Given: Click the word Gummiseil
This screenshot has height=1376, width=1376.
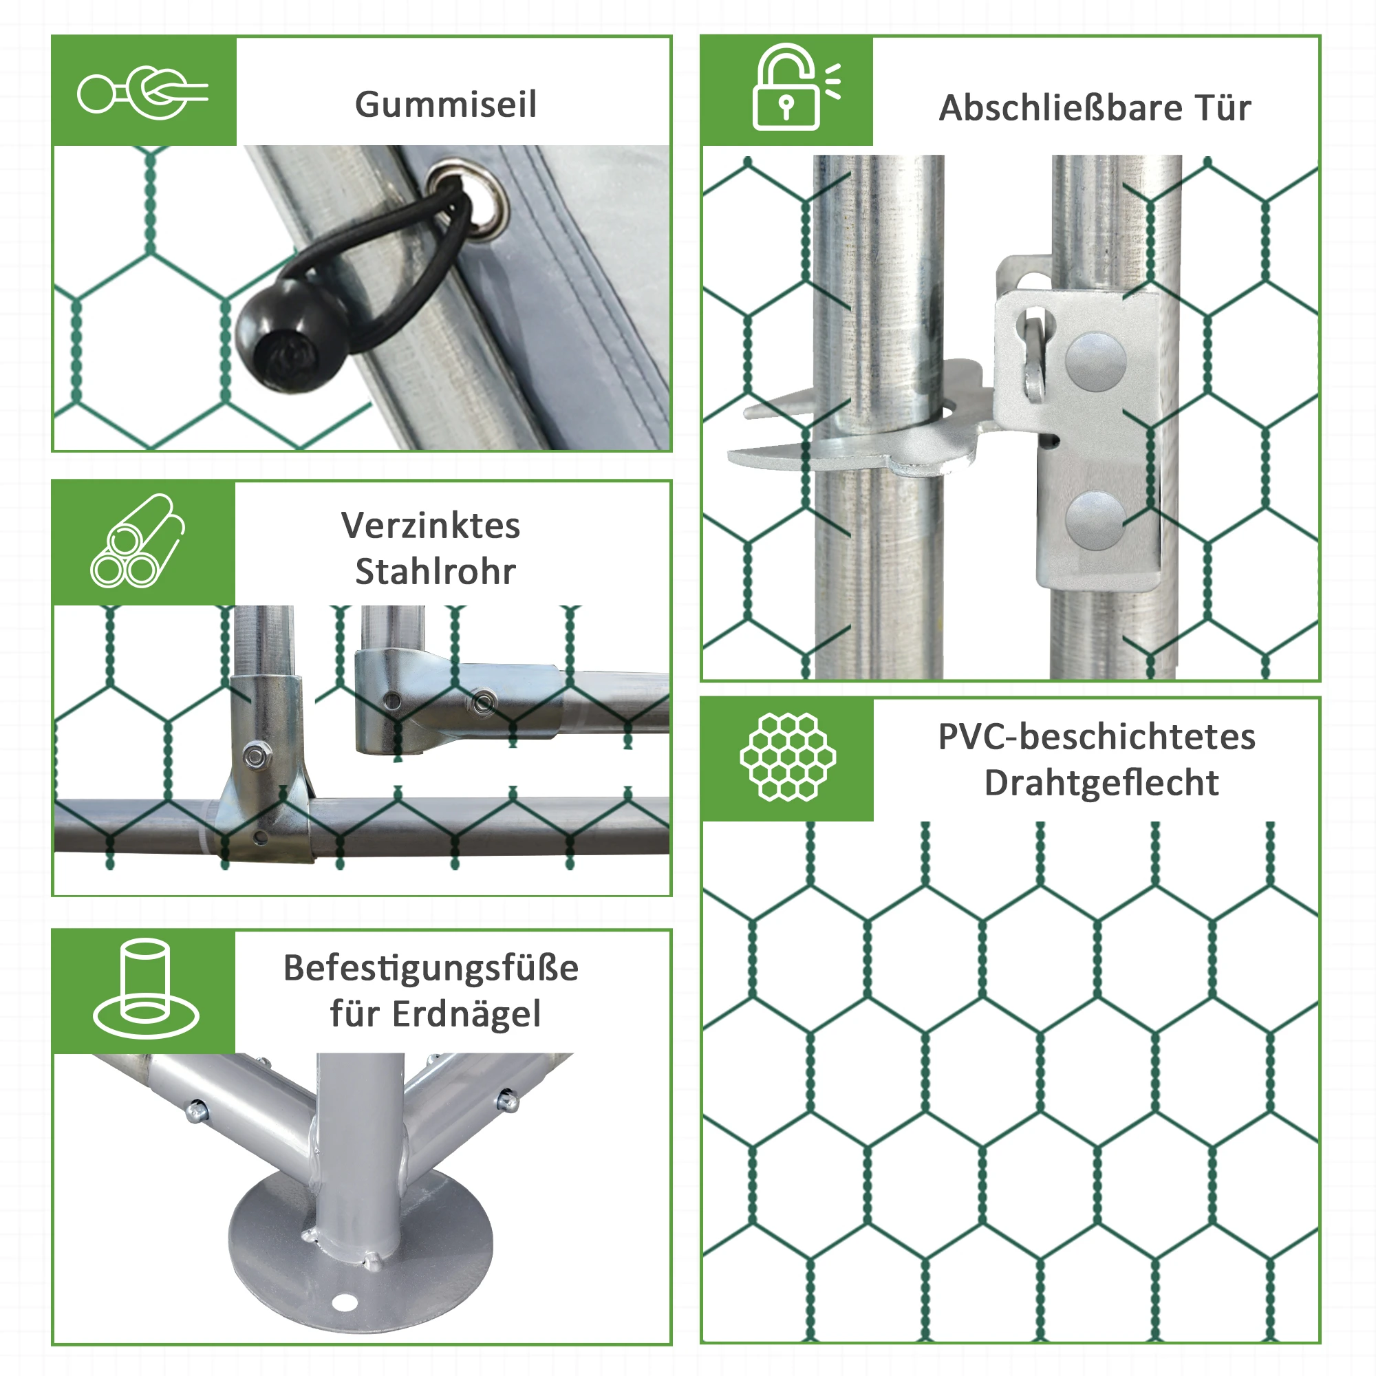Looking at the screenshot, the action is click(445, 105).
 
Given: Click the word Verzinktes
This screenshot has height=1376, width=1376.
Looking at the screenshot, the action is click(431, 526).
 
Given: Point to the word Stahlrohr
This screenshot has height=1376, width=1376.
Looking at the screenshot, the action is click(436, 571).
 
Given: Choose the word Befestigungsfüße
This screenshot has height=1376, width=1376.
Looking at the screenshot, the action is click(431, 968).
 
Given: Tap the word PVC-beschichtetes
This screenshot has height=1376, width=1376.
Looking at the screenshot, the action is click(1097, 736).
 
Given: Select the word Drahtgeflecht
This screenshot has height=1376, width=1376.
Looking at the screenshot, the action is click(1101, 783).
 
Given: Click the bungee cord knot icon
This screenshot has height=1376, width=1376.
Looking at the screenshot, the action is click(142, 93).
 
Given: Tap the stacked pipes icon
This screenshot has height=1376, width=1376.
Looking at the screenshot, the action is click(137, 541).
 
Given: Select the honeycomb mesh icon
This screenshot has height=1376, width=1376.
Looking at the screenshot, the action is click(788, 757).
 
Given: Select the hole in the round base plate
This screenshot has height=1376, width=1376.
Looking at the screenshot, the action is click(345, 1303).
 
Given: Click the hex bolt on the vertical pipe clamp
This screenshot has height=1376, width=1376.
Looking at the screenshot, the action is click(256, 755).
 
